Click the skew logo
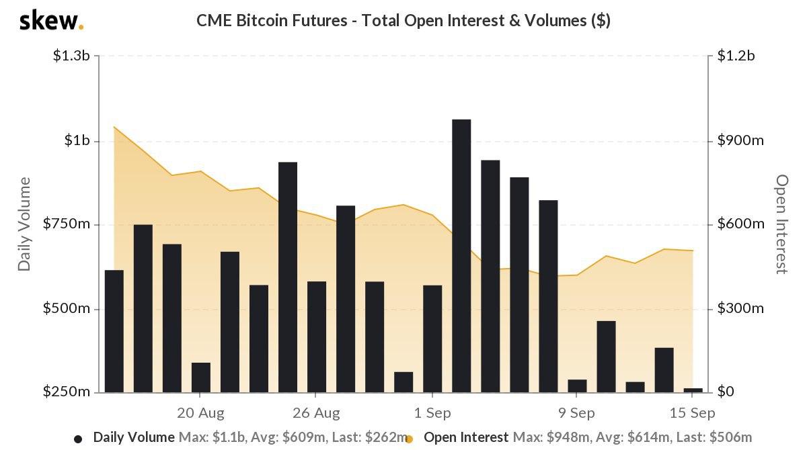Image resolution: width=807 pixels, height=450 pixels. [x=51, y=21]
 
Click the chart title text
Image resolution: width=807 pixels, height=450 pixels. [x=403, y=21]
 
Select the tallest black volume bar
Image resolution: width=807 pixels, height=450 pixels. [x=461, y=255]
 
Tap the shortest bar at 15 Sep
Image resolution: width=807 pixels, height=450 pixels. [x=693, y=390]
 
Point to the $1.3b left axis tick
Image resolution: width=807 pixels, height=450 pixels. [x=71, y=56]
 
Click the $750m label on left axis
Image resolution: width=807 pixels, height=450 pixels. [x=67, y=224]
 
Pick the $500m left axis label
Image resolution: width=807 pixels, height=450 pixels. [x=67, y=309]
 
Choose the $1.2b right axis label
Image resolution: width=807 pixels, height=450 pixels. [x=736, y=56]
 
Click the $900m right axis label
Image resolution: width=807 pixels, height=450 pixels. [x=740, y=140]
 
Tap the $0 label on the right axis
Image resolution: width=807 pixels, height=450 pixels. [x=726, y=392]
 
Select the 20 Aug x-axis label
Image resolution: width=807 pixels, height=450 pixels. [x=200, y=412]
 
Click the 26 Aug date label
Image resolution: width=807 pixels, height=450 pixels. [x=317, y=412]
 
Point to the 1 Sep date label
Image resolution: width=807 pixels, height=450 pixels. [x=432, y=412]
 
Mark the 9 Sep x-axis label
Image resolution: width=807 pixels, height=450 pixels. [x=576, y=412]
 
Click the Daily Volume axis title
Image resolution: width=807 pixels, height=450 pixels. [x=25, y=224]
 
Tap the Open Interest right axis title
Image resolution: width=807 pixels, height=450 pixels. [x=781, y=224]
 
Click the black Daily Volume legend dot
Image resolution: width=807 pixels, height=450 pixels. [x=78, y=439]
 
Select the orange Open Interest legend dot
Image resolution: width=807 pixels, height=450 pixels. [x=409, y=439]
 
